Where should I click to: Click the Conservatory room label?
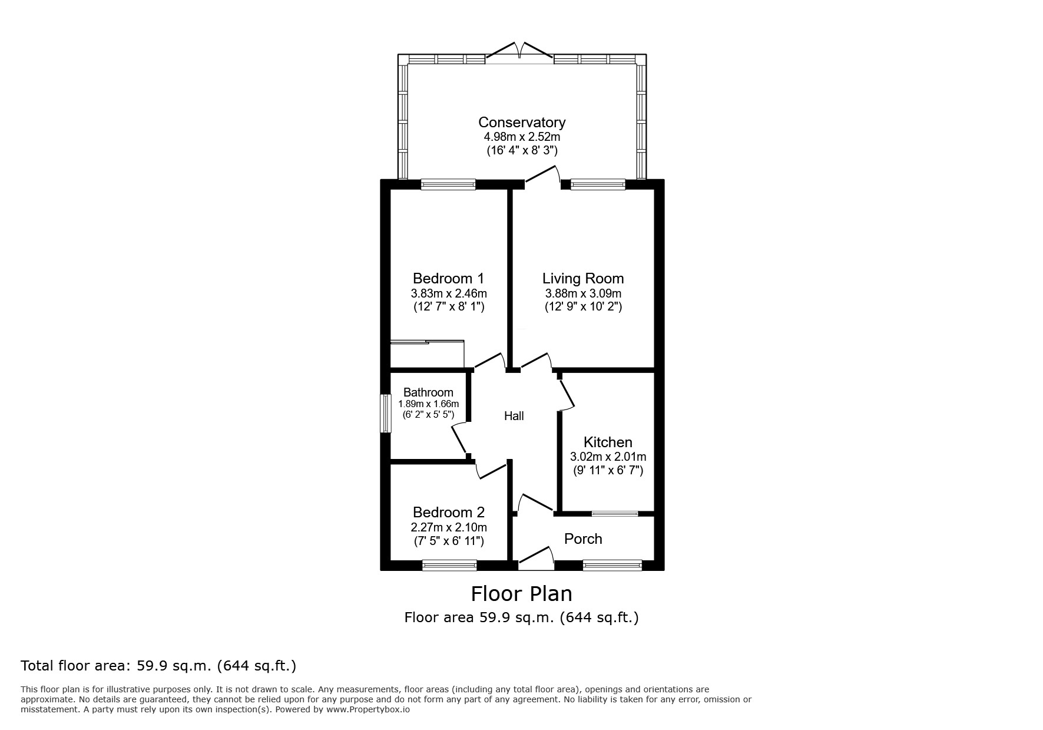tap(521, 122)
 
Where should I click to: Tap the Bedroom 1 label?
tap(448, 278)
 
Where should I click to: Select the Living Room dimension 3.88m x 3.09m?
tap(583, 293)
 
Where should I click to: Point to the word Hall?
tap(514, 416)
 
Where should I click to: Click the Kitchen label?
tap(608, 442)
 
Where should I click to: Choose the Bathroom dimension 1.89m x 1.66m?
tap(428, 404)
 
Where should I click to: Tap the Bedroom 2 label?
tap(448, 512)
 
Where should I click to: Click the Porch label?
tap(583, 539)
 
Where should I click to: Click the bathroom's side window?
tap(385, 413)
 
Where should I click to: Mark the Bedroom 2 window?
tap(449, 566)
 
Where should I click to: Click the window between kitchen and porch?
tap(614, 514)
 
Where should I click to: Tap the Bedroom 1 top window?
tap(448, 184)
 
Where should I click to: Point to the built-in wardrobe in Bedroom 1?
tap(427, 354)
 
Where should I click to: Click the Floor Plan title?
tap(521, 593)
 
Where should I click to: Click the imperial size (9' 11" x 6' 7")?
tap(608, 470)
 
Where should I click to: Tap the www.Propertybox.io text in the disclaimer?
tap(367, 710)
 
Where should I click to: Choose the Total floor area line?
tap(158, 666)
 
